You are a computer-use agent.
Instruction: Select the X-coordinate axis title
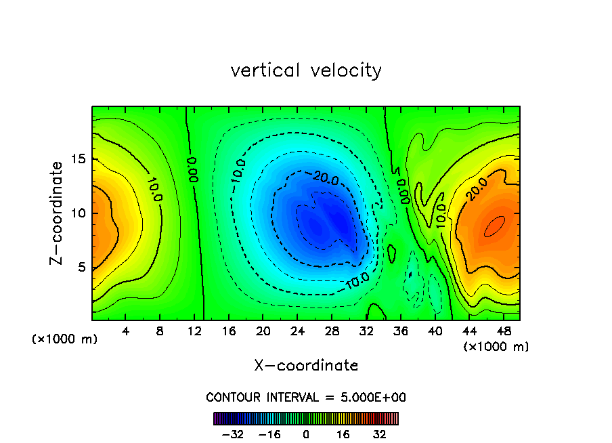click(306, 366)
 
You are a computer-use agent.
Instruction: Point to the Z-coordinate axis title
click(58, 213)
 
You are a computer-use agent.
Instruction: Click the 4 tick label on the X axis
click(126, 332)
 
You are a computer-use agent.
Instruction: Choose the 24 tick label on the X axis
click(297, 332)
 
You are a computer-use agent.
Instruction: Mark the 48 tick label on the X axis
click(503, 332)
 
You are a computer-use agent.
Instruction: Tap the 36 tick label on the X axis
click(400, 332)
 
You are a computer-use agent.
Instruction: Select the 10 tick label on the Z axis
click(78, 213)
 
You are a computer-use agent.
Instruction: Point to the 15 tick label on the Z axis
click(78, 159)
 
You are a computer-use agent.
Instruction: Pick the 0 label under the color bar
click(306, 434)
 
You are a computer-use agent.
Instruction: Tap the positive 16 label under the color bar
click(343, 434)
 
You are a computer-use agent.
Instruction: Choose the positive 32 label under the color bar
click(380, 434)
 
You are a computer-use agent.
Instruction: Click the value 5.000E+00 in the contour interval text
click(372, 397)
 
